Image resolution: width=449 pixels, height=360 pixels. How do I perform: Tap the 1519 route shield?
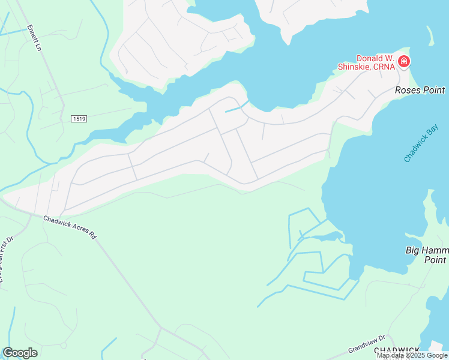[x=79, y=119]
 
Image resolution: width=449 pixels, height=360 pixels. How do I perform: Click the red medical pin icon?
[x=404, y=61]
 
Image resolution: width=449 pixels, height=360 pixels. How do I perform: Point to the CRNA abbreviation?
[x=385, y=67]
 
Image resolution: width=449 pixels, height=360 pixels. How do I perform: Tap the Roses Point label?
[x=420, y=90]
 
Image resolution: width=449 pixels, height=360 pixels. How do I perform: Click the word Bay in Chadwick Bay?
[x=428, y=136]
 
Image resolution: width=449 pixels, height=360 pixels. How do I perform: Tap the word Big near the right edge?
[x=414, y=250]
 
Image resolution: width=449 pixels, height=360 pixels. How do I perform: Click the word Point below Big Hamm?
[x=435, y=260]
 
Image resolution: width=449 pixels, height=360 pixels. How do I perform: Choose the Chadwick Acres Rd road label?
[x=70, y=227]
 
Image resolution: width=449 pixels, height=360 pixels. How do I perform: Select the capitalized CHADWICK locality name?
[x=397, y=350]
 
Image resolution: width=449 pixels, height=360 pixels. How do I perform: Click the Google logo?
[x=20, y=353]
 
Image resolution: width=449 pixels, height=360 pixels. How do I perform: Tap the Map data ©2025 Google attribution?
[x=412, y=356]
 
